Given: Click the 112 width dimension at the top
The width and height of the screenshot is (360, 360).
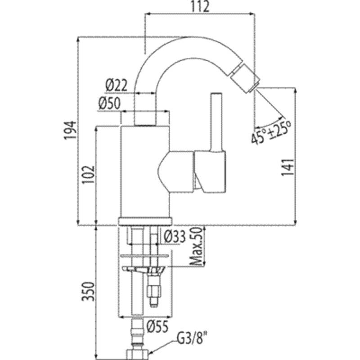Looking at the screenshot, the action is click(200, 6).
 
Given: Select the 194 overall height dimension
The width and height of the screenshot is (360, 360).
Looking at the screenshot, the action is click(70, 130).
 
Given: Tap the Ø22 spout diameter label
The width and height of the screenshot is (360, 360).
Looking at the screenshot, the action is click(116, 85).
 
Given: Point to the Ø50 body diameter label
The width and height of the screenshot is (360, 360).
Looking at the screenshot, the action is click(109, 103).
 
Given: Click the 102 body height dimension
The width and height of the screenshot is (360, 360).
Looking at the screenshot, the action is click(89, 174).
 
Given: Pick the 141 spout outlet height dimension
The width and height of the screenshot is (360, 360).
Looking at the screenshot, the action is click(288, 167).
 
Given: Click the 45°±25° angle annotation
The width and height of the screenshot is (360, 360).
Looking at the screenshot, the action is click(271, 132).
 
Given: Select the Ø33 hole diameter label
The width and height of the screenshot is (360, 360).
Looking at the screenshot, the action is click(175, 237).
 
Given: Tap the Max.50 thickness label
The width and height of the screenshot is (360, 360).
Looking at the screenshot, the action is click(197, 246).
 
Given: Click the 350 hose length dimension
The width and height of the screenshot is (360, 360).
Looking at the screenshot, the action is click(89, 292).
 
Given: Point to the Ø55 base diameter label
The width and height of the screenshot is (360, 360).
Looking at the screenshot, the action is click(157, 326).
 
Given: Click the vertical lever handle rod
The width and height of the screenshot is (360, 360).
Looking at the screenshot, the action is click(216, 122).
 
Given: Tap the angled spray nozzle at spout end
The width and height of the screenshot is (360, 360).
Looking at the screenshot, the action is click(244, 78).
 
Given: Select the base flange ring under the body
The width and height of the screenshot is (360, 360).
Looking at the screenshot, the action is click(145, 221).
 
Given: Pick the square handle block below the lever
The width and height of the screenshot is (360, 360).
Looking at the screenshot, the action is click(210, 171).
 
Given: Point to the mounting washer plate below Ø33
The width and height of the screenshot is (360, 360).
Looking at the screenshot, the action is click(145, 256).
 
